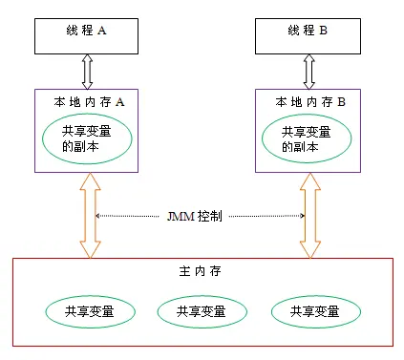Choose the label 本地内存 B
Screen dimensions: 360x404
click(x=309, y=101)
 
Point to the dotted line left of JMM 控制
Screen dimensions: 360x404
click(x=134, y=217)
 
